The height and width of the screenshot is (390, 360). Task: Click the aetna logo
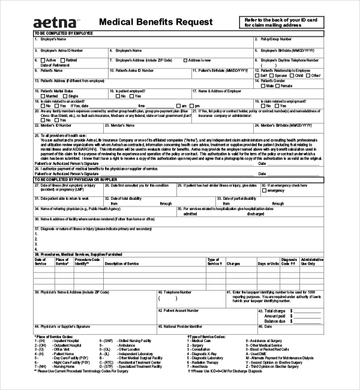click(55, 22)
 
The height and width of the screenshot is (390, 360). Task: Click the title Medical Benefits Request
click(155, 22)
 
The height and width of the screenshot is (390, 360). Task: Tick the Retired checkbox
click(62, 61)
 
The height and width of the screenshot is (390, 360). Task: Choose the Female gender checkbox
click(277, 86)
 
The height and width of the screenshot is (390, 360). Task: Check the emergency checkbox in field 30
click(265, 190)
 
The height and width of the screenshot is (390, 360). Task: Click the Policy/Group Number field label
click(277, 39)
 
